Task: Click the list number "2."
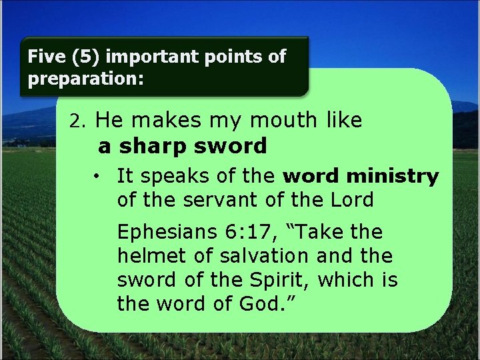79,122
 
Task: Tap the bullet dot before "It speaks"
97,177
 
